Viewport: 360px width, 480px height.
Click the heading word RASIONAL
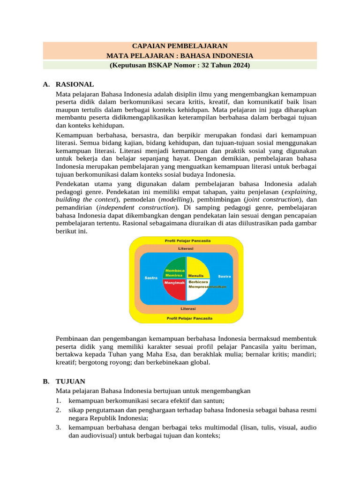75,85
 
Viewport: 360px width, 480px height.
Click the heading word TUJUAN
70,382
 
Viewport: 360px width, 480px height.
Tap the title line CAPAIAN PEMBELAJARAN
180,46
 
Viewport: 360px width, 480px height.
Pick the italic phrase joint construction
267,199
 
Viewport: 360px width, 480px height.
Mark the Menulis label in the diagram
196,276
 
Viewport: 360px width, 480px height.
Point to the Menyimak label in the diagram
174,282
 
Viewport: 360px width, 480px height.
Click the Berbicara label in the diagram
198,282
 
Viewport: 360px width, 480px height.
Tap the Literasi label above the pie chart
187,248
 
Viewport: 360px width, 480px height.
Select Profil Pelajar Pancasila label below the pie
187,318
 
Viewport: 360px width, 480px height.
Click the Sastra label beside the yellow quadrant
224,277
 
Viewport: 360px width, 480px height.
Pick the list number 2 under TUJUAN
58,410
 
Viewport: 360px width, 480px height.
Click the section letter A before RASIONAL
45,85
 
